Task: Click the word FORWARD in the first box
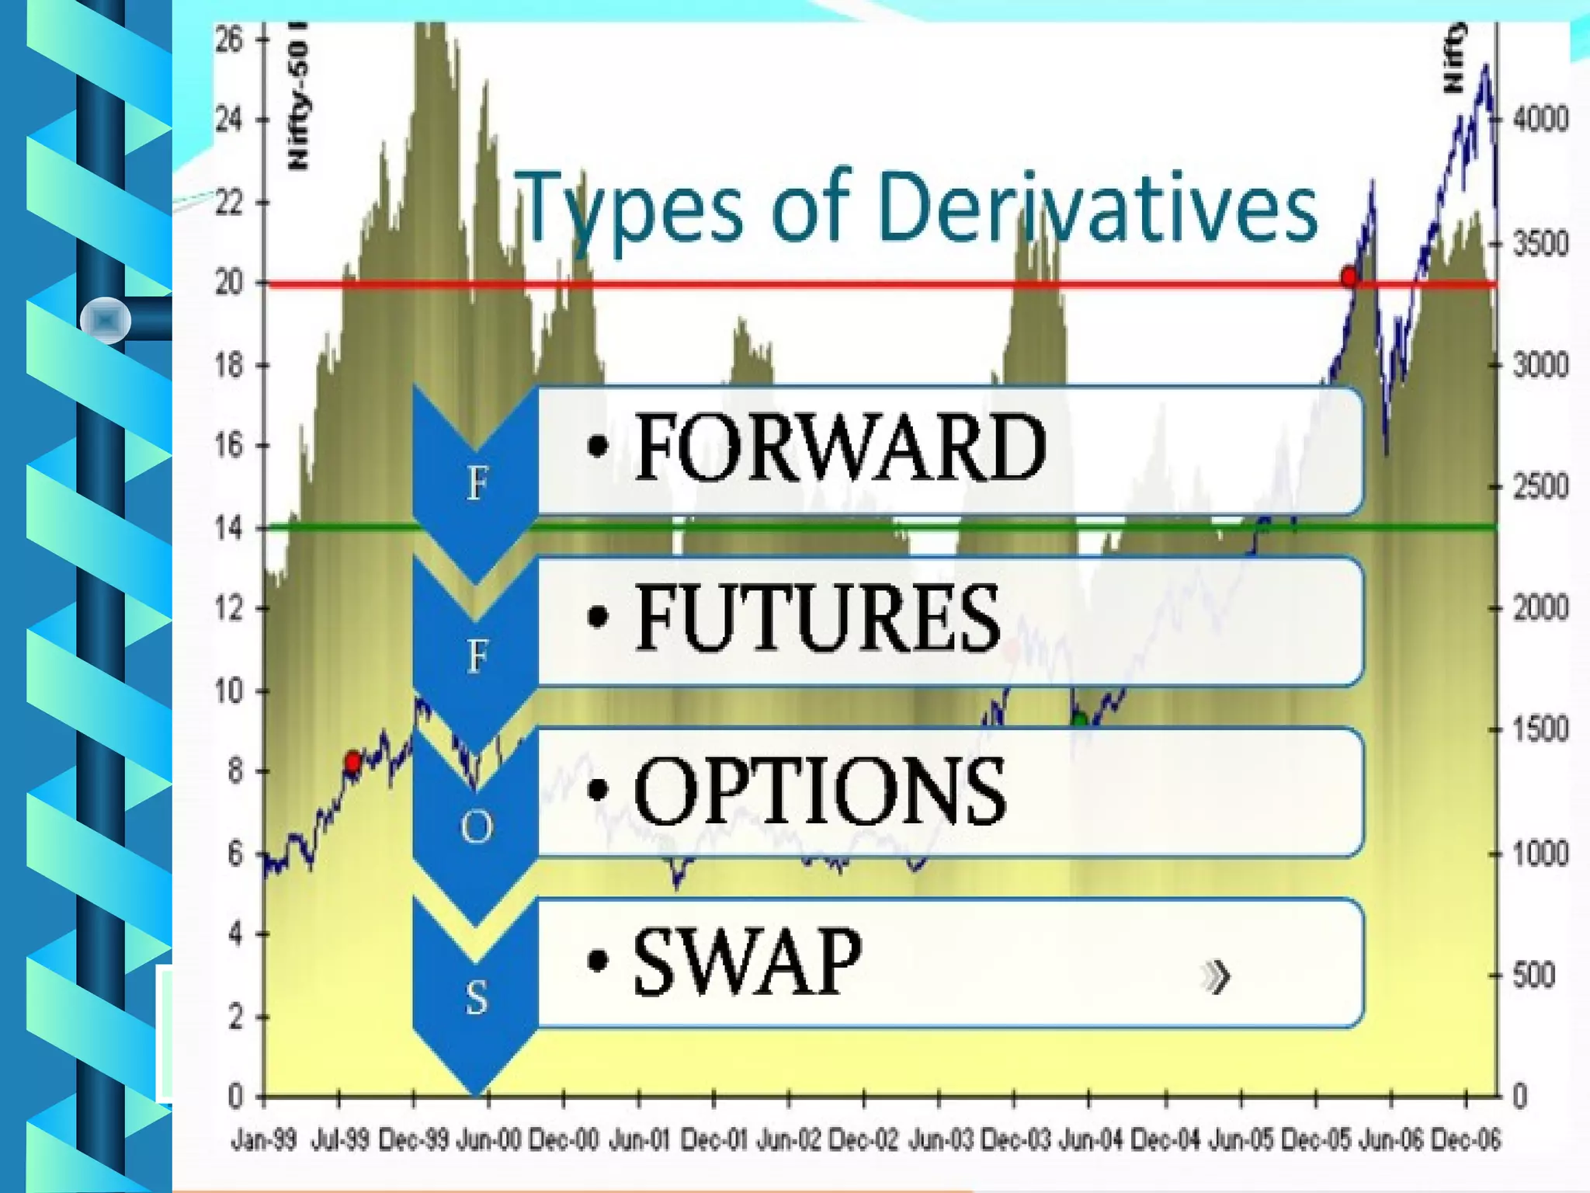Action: pyautogui.click(x=840, y=447)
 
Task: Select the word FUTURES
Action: pyautogui.click(x=818, y=618)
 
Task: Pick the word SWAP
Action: pyautogui.click(x=747, y=962)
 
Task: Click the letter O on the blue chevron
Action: pyautogui.click(x=476, y=826)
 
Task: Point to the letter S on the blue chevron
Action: pyautogui.click(x=476, y=997)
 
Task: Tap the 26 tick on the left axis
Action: pyautogui.click(x=230, y=39)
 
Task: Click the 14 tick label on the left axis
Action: pyautogui.click(x=230, y=529)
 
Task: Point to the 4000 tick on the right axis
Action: pyautogui.click(x=1540, y=120)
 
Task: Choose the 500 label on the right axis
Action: pyautogui.click(x=1533, y=976)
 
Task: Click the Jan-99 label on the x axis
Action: pyautogui.click(x=264, y=1140)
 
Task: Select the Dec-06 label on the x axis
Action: pyautogui.click(x=1466, y=1140)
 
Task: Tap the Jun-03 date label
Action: pyautogui.click(x=940, y=1140)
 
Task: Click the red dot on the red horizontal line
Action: pyautogui.click(x=1349, y=277)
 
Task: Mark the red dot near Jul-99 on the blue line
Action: pyautogui.click(x=352, y=761)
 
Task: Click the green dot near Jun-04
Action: pyautogui.click(x=1079, y=720)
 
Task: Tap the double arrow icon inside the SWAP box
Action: pyautogui.click(x=1216, y=977)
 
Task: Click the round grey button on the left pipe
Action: pyautogui.click(x=106, y=320)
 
